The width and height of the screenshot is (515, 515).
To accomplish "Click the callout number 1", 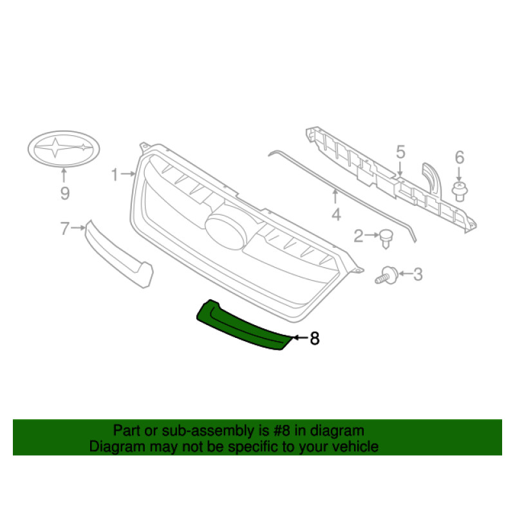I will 114,174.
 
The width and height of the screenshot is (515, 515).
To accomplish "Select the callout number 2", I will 359,237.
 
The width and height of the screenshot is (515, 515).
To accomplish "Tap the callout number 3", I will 418,275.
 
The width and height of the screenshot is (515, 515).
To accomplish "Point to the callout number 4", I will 336,214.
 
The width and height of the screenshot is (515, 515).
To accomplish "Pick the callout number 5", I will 400,153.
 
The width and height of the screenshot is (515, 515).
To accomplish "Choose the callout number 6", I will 459,157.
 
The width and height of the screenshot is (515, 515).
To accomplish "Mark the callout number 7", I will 64,227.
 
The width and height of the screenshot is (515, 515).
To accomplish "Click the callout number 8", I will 314,338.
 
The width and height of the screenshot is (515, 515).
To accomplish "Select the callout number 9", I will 64,192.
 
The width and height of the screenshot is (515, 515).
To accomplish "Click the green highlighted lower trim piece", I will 245,325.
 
